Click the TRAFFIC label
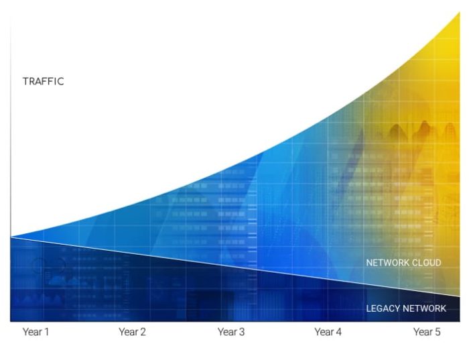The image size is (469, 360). pos(44,82)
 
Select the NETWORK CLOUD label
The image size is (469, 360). pos(403,263)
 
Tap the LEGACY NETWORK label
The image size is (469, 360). pos(406,308)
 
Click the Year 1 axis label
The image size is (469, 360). pos(36,332)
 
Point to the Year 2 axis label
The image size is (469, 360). pos(133,332)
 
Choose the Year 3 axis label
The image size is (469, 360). pos(231,332)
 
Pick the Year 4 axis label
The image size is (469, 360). pos(328,332)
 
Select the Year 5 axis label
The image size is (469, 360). pos(427,332)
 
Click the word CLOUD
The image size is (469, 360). pos(426,263)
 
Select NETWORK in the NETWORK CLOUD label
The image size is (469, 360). pos(387,263)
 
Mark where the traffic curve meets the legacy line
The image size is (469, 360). pos(11,237)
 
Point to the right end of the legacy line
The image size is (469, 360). pos(460,296)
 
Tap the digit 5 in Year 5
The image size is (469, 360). pos(438,332)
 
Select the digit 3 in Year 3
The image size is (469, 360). pos(242,332)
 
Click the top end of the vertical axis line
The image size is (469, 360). pos(11,13)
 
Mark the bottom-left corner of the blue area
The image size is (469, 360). pos(11,321)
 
